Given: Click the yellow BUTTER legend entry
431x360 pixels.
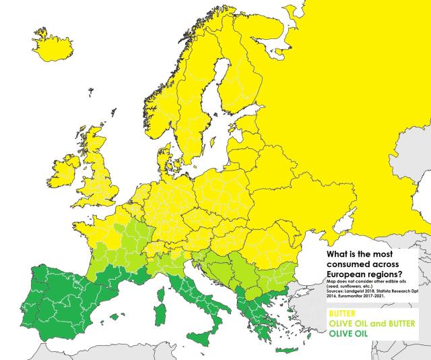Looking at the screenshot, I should coord(341,314).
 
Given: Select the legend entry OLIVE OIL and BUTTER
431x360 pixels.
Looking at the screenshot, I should coord(370,324).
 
